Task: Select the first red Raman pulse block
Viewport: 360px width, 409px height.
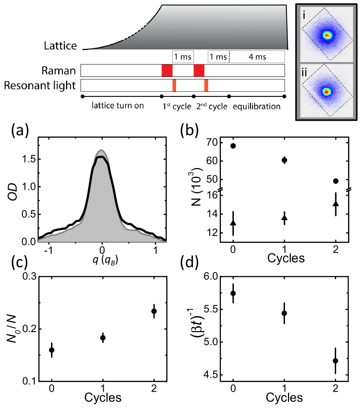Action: pos(167,70)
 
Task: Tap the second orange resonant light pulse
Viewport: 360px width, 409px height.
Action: pos(206,85)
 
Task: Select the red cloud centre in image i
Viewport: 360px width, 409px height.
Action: pos(327,35)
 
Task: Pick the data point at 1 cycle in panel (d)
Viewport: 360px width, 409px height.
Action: pos(285,313)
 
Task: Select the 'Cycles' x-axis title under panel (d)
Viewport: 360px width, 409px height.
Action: pos(285,398)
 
